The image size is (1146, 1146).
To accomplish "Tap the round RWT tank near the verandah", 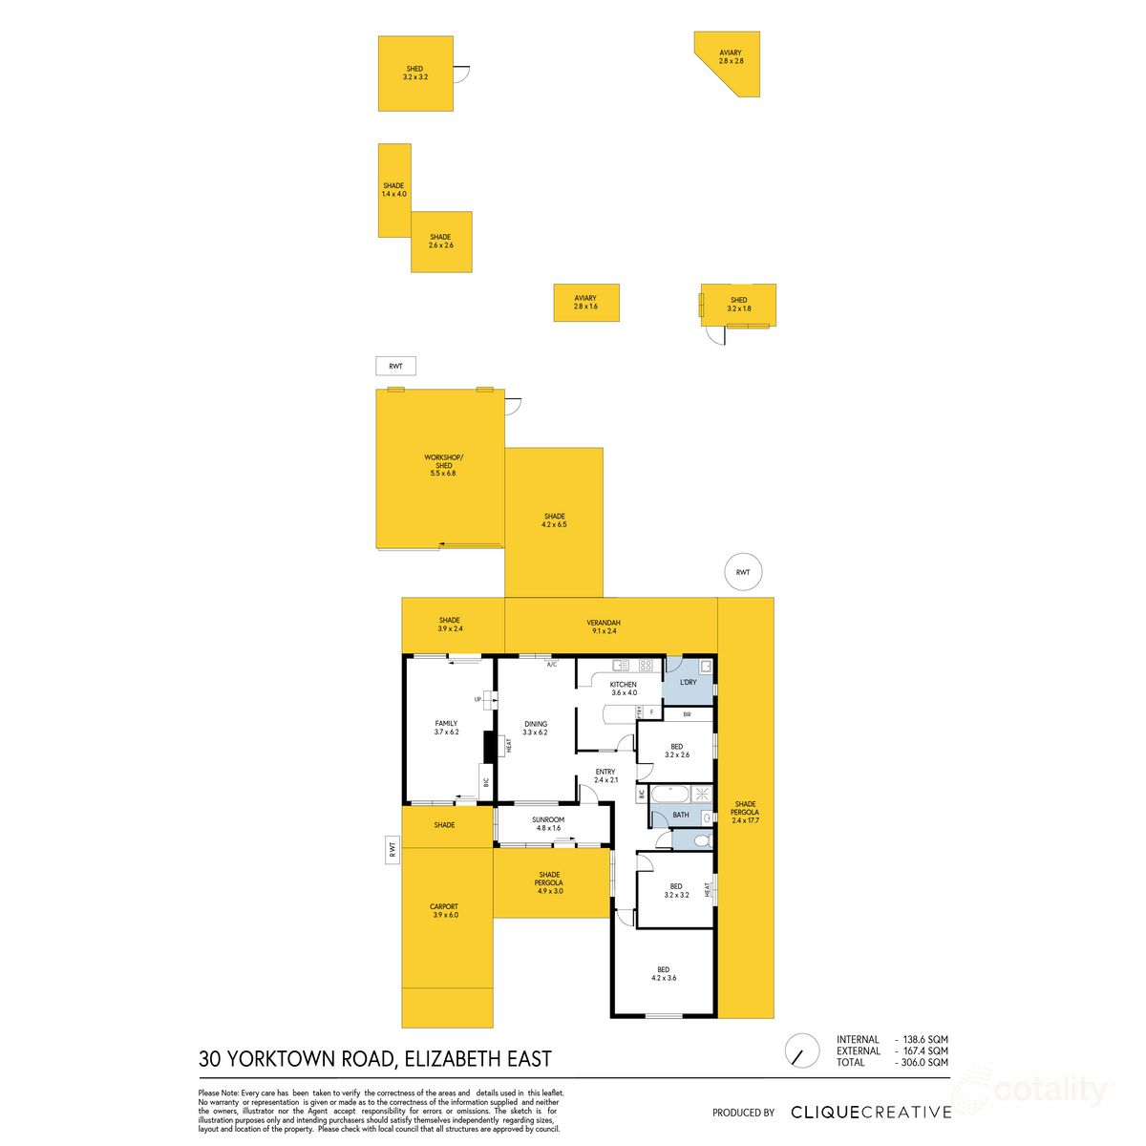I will click(x=743, y=573).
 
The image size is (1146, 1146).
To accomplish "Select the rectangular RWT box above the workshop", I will click(x=395, y=366).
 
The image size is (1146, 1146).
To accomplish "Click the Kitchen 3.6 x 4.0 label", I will click(x=623, y=689).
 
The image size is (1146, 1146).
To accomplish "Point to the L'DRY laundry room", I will click(x=689, y=682).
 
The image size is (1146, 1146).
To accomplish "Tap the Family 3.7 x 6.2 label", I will click(x=446, y=728).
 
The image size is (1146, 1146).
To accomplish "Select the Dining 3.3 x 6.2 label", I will click(x=535, y=728).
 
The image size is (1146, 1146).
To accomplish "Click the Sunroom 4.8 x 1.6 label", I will click(x=548, y=823).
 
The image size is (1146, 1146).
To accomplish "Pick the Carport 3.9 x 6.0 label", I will click(x=445, y=911).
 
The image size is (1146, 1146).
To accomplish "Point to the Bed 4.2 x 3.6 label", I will click(x=664, y=974).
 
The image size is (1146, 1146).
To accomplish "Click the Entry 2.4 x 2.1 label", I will click(x=605, y=775).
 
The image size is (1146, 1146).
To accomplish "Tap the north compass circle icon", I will click(x=800, y=1051).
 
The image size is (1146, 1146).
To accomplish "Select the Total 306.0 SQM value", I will click(x=922, y=1063).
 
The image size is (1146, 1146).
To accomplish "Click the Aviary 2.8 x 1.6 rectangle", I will click(x=586, y=303).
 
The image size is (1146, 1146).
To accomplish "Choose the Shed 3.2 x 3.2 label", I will click(x=414, y=73).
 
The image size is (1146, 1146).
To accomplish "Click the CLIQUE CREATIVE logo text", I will click(x=871, y=1113).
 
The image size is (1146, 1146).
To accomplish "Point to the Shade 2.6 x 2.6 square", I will click(x=440, y=242).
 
